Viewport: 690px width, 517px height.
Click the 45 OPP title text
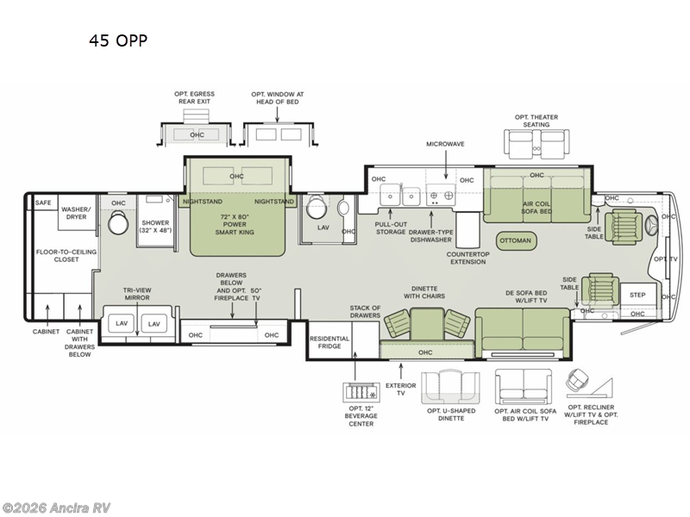[x=118, y=40]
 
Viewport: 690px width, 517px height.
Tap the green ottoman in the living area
[x=515, y=240]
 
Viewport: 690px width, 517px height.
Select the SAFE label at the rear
[x=43, y=202]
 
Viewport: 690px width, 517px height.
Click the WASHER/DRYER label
[x=76, y=213]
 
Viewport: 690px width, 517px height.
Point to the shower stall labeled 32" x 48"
[x=155, y=221]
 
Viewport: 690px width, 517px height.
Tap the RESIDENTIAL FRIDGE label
[x=329, y=342]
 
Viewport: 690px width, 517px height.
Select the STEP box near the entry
[x=637, y=295]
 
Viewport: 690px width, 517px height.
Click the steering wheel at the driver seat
[x=652, y=227]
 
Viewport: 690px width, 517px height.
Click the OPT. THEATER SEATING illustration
[x=536, y=144]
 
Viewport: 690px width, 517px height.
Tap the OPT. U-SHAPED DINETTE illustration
[x=450, y=387]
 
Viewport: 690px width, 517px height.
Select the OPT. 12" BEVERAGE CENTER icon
[x=361, y=392]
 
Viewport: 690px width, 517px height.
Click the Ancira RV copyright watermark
[x=55, y=508]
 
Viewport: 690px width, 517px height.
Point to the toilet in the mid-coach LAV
[x=317, y=208]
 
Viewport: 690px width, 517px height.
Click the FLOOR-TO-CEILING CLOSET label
[x=66, y=256]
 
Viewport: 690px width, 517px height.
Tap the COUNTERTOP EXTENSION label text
[x=467, y=258]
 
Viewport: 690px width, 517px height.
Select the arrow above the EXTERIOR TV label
[x=401, y=371]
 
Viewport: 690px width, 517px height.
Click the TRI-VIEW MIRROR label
[x=137, y=294]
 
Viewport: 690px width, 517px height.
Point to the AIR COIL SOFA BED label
[x=536, y=208]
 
